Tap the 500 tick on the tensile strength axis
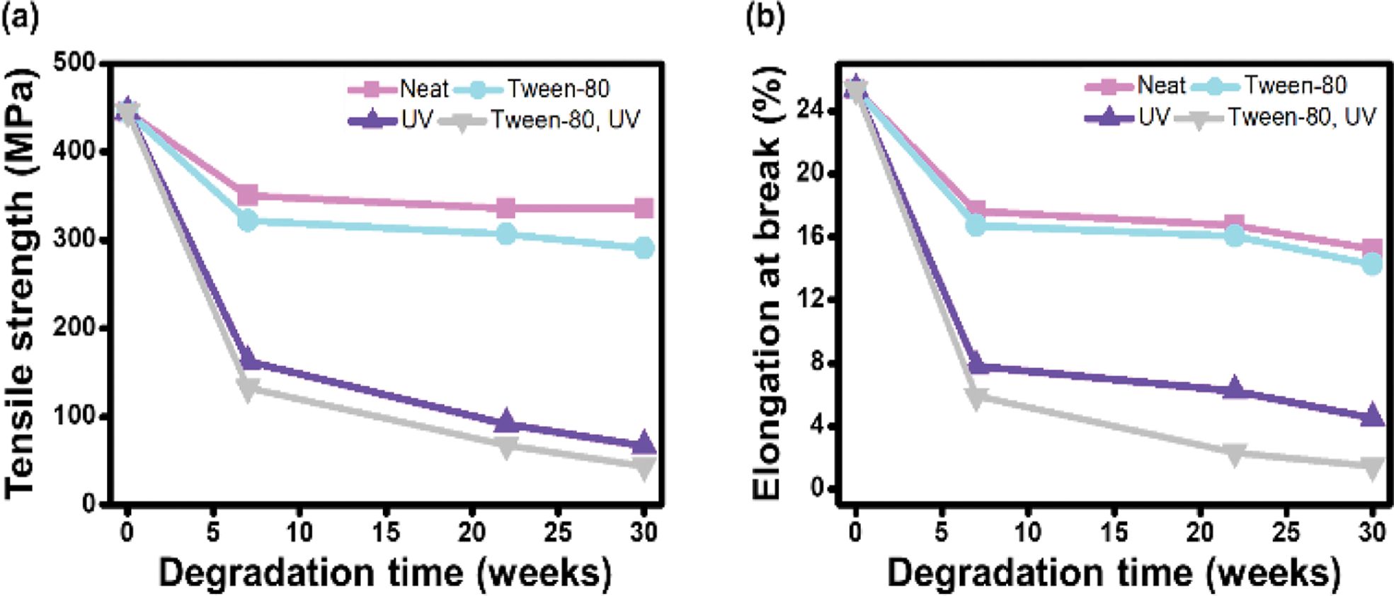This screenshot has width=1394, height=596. [74, 62]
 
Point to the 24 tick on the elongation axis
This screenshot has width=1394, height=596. [809, 110]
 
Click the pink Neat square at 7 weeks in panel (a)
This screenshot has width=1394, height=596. [248, 195]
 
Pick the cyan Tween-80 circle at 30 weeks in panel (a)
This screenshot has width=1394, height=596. [644, 248]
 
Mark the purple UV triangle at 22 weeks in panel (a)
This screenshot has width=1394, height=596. [505, 421]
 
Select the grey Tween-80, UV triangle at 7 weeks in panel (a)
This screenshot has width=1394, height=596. [248, 389]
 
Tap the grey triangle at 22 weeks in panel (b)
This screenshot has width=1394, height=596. [1234, 454]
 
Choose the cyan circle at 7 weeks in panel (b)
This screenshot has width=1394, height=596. [976, 226]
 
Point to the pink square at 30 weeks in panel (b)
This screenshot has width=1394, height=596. [1372, 249]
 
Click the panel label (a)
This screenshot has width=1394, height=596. [19, 16]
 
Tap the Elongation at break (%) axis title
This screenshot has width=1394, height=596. [768, 283]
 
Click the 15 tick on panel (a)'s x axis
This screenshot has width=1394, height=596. [386, 532]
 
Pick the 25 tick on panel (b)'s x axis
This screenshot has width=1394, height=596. [1286, 532]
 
